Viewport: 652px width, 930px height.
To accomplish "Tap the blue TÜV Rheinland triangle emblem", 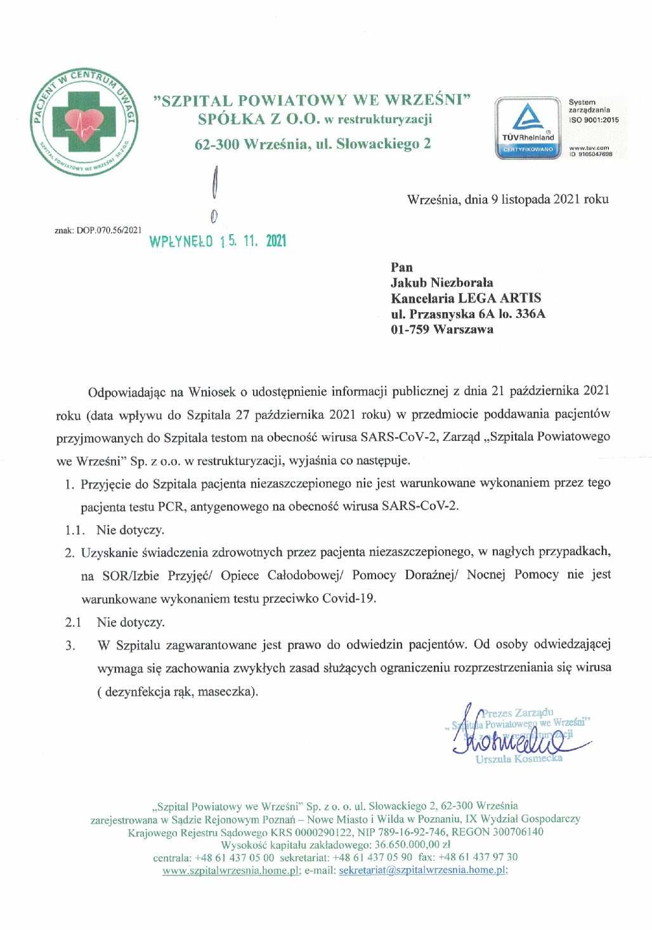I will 528,117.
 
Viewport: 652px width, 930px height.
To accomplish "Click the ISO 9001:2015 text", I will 594,119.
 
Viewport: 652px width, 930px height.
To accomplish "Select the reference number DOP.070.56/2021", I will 109,230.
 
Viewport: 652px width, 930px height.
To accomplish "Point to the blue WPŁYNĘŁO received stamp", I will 218,241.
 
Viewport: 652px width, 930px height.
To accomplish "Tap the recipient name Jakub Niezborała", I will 441,282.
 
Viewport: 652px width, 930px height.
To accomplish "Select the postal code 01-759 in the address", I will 410,329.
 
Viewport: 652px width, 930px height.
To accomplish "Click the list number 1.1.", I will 74,530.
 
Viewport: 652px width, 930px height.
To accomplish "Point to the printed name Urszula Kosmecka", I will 519,759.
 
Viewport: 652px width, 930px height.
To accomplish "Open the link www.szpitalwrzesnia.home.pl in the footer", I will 230,870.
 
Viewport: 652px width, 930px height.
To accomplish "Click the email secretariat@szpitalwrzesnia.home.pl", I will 422,870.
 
